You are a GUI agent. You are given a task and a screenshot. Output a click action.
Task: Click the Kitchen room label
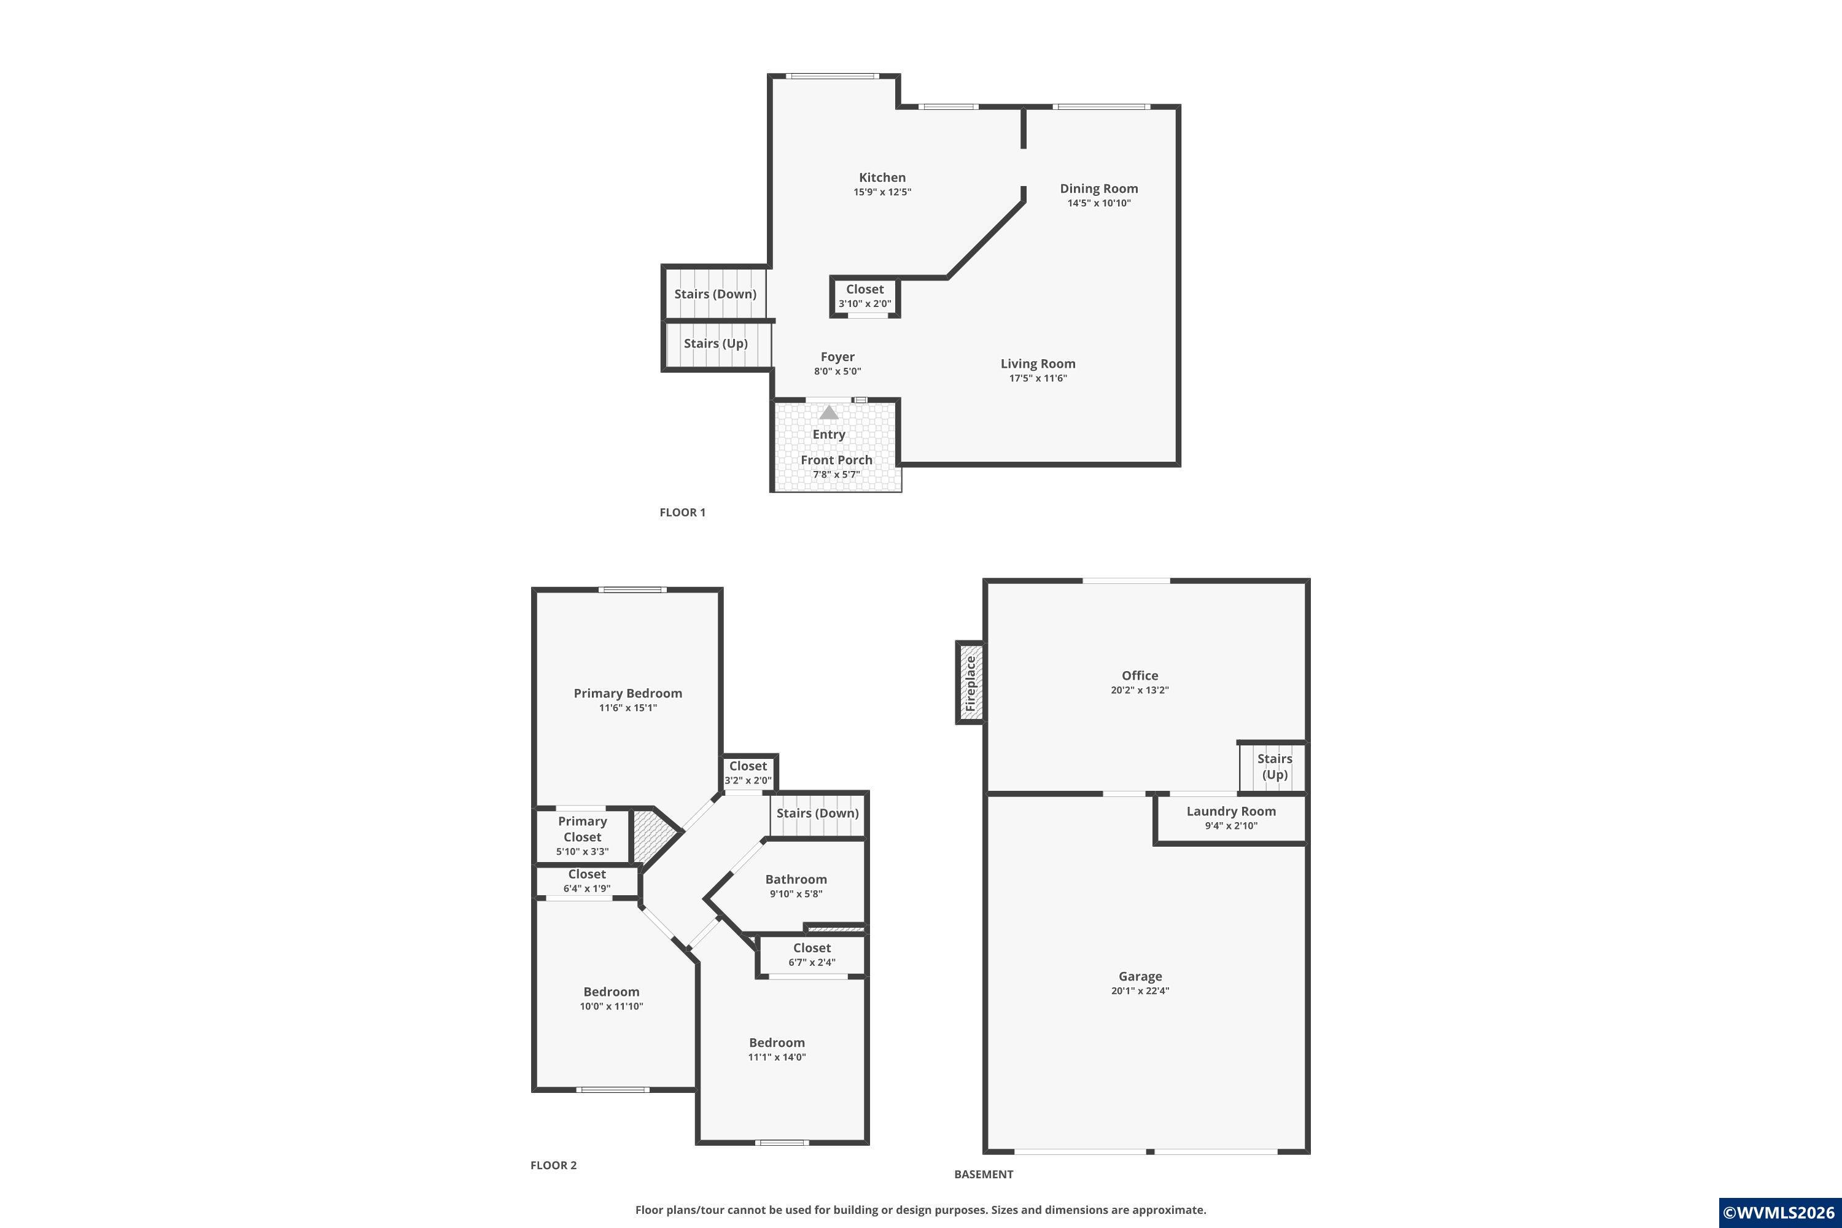[x=882, y=178]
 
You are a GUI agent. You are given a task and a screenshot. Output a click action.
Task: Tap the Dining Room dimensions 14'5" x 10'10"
[x=1099, y=203]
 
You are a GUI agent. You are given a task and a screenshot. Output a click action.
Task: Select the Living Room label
[x=1038, y=363]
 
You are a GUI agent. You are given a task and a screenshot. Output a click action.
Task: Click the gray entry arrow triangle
[x=828, y=412]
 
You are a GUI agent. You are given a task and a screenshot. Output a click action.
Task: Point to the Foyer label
[x=837, y=357]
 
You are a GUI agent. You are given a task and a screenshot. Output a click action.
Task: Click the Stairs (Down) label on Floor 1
[x=715, y=293]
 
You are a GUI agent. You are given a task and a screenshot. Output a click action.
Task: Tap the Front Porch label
[x=836, y=460]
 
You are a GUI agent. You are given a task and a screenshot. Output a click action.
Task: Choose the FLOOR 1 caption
[x=682, y=512]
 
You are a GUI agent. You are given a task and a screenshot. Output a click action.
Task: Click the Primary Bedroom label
[x=628, y=693]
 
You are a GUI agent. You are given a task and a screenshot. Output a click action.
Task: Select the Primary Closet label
[x=582, y=828]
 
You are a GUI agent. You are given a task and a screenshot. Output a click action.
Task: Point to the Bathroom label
[x=796, y=879]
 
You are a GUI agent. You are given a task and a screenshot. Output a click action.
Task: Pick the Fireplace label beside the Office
[x=970, y=683]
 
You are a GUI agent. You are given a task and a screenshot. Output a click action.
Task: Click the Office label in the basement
[x=1140, y=675]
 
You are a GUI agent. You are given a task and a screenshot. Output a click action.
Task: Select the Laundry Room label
[x=1231, y=811]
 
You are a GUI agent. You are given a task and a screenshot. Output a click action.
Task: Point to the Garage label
[x=1140, y=977]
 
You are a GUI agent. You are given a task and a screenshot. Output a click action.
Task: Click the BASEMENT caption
[x=984, y=1174]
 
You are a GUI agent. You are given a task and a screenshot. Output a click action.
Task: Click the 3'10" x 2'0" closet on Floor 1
[x=865, y=297]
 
